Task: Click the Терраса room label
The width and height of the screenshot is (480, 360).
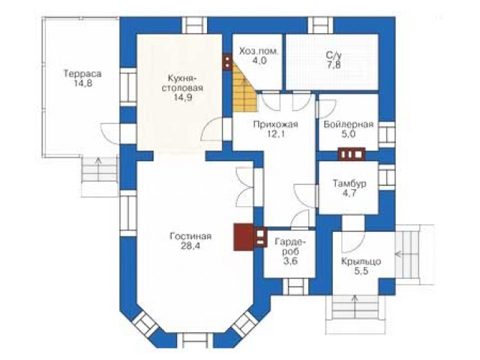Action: point(82,73)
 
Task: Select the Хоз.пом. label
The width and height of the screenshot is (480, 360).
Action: point(259,51)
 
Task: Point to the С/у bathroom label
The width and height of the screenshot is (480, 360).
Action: point(333,55)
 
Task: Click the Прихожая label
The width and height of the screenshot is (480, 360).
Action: point(275,124)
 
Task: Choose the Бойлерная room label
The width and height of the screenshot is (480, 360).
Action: point(348,124)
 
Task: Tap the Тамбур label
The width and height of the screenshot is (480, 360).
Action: point(349,184)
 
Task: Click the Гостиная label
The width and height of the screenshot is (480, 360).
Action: point(190,236)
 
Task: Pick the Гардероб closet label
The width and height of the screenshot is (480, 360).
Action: point(290,247)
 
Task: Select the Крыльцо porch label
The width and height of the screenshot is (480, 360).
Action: point(361,262)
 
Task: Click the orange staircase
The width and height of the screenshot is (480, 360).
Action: point(244,88)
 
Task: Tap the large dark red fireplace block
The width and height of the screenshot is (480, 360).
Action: point(244,237)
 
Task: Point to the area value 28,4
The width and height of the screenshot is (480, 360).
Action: point(190,246)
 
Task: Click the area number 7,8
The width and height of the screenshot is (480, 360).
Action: point(333,65)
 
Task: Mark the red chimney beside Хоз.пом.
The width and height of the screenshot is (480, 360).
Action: point(227,62)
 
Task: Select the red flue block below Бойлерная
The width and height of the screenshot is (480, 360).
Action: point(352,154)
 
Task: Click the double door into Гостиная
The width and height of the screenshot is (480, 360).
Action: point(245,187)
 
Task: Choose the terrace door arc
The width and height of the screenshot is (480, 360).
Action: point(108,133)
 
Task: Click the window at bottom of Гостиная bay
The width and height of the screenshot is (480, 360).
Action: point(195,340)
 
